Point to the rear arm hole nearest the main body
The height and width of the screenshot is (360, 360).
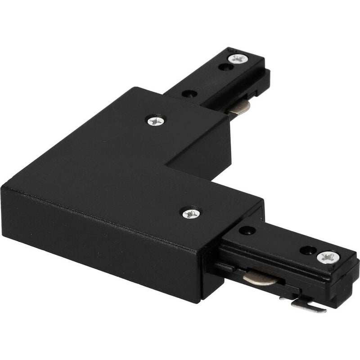click(x=189, y=94)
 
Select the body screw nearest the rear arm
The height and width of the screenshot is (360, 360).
click(x=156, y=120)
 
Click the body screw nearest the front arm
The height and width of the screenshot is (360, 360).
click(x=191, y=213)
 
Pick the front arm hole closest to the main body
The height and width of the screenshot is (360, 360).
click(x=247, y=230)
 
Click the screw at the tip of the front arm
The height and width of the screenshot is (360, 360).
click(x=326, y=258)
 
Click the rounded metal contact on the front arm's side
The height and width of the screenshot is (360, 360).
click(x=258, y=278)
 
